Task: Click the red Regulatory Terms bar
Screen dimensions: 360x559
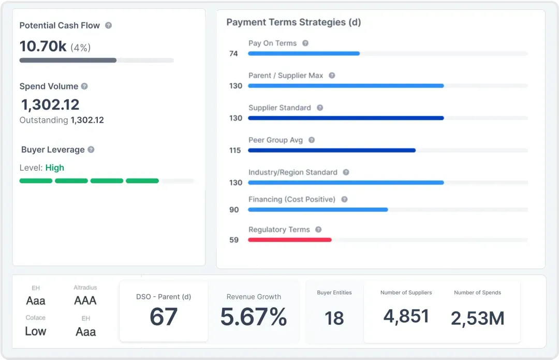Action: (289, 240)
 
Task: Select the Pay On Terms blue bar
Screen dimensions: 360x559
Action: (303, 53)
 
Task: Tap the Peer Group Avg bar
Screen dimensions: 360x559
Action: (331, 151)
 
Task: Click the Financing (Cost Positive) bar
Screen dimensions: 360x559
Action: (318, 209)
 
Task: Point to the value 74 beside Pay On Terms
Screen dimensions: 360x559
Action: (233, 53)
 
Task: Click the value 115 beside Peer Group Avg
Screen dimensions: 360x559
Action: (235, 151)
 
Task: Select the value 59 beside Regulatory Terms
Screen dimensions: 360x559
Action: (234, 240)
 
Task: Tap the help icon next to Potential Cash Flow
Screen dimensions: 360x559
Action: (108, 25)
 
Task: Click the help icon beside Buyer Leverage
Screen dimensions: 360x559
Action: (91, 149)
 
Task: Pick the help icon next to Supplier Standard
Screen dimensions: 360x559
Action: (320, 108)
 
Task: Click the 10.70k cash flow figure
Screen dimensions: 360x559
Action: (43, 47)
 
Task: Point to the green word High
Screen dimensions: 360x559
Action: (55, 168)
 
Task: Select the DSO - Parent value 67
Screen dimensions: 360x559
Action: (164, 317)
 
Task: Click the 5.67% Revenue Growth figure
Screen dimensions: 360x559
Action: (254, 317)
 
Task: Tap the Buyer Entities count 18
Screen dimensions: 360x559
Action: (334, 318)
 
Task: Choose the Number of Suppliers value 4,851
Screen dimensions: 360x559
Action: (406, 316)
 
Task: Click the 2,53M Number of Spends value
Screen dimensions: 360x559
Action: (477, 318)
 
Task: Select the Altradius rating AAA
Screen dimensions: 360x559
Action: (85, 301)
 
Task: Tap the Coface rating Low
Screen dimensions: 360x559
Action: (36, 331)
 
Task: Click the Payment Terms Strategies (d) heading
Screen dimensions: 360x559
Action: (293, 22)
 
